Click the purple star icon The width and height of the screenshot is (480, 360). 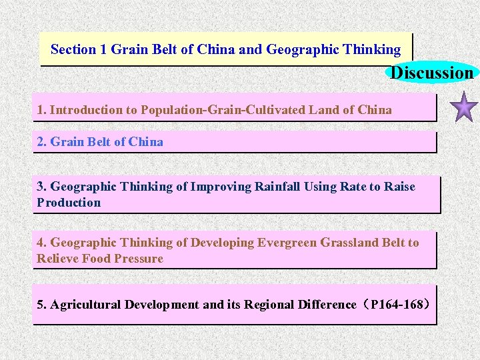pos(465,109)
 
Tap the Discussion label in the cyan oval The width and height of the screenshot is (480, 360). pos(432,73)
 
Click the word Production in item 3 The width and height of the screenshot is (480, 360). pos(69,203)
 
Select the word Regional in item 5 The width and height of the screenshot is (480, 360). pos(271,305)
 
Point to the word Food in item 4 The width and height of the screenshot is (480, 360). pos(97,259)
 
